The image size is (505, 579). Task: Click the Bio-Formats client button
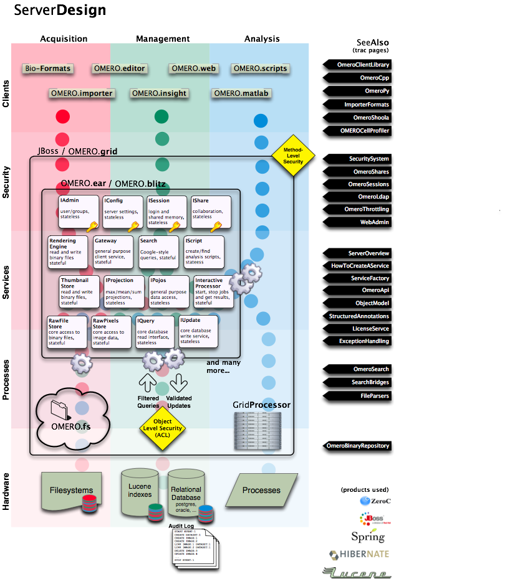(48, 68)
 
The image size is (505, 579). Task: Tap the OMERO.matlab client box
(241, 93)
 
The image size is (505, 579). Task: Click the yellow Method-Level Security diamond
(293, 156)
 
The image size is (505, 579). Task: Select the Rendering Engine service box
(69, 252)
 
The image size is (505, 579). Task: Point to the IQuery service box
(156, 332)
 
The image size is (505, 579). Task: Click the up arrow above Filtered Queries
(147, 382)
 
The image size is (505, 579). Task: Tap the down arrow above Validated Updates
(178, 382)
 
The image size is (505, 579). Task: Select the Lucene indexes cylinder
(140, 492)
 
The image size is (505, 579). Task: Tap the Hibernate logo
(357, 553)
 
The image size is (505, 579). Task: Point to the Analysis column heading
(262, 39)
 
